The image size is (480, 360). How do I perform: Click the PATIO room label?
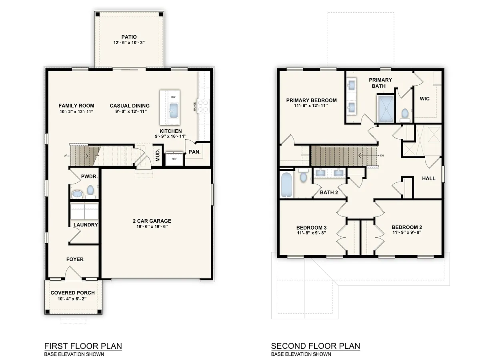point(129,37)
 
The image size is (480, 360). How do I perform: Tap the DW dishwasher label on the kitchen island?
point(173,97)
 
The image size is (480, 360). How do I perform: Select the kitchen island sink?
point(173,111)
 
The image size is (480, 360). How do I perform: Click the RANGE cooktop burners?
point(203,106)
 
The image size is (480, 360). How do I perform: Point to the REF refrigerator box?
point(174,159)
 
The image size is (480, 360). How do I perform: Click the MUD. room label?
point(158,155)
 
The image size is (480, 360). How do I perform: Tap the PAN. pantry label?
point(195,152)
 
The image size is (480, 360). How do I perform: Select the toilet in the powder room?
point(90,192)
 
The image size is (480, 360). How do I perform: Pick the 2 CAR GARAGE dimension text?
point(152,226)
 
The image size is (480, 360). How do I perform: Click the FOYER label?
point(75,259)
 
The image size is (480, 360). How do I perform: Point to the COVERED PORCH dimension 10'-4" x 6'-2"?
point(72,298)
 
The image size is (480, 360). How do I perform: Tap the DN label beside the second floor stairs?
point(382,156)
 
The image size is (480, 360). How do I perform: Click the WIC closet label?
point(424,98)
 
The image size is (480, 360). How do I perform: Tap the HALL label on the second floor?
point(429,178)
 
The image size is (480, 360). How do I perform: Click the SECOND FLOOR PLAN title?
point(315,346)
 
